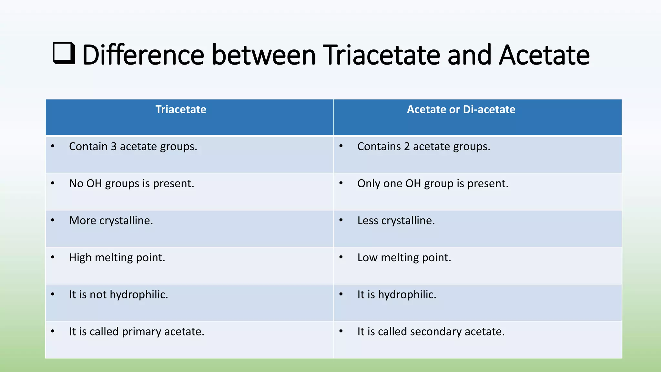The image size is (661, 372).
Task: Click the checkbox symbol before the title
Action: (x=64, y=53)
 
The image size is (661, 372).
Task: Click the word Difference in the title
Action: (x=143, y=55)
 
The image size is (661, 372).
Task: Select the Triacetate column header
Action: (x=181, y=109)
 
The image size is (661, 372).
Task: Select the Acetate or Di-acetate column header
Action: (x=461, y=109)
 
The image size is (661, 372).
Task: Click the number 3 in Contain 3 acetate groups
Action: (x=114, y=147)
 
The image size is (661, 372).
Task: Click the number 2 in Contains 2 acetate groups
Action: (x=407, y=147)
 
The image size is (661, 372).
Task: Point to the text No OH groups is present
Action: (x=132, y=184)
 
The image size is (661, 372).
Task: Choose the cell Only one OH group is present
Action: (x=432, y=184)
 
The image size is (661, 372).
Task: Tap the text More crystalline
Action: (x=111, y=221)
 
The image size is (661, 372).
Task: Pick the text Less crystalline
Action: (x=396, y=221)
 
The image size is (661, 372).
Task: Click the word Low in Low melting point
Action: (x=367, y=258)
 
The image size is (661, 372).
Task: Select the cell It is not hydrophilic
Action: (x=118, y=295)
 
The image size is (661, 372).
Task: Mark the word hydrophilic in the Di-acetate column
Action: (x=407, y=295)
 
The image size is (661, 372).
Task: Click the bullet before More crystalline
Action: (x=53, y=220)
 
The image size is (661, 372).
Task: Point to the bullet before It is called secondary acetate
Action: (x=341, y=331)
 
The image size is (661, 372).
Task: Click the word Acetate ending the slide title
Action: (x=544, y=55)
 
